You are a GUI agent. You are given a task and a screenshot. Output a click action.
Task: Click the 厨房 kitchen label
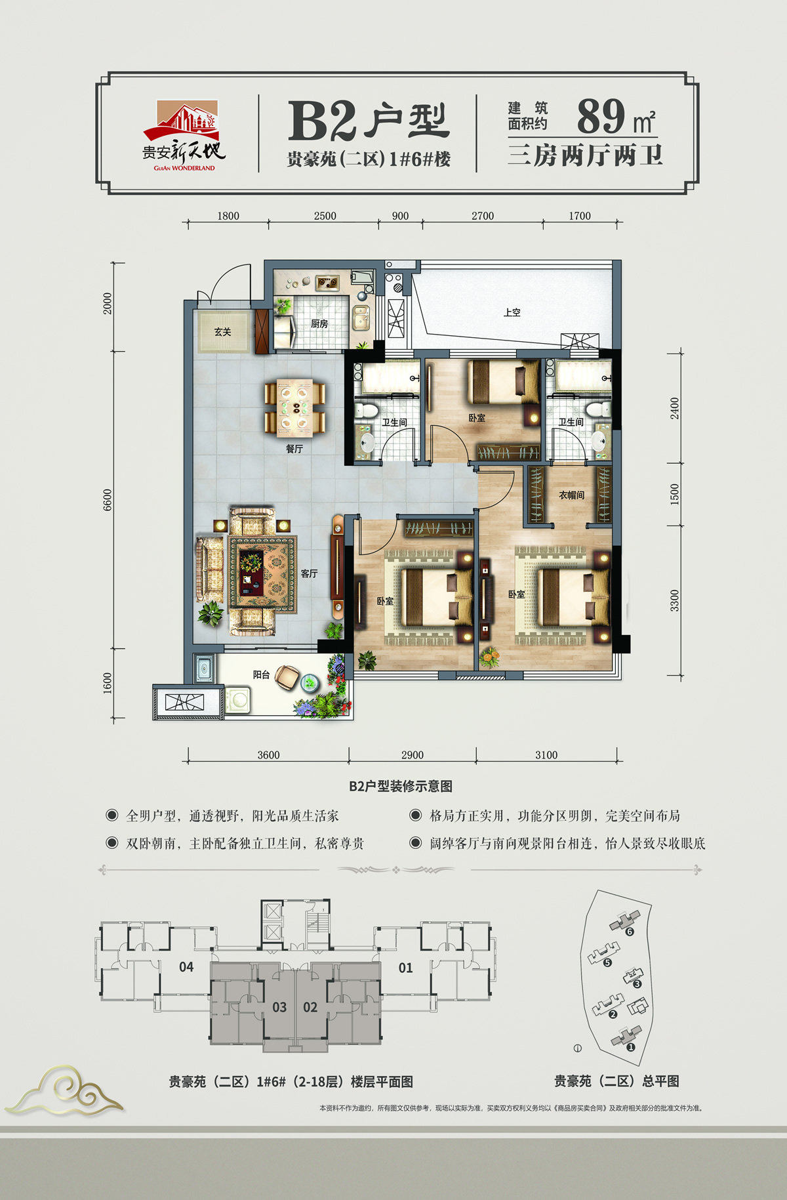pos(319,324)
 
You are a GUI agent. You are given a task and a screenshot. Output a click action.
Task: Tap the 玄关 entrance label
pos(223,332)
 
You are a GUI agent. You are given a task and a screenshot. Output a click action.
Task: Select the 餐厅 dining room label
pos(294,449)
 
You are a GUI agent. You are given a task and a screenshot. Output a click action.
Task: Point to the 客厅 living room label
pos(310,573)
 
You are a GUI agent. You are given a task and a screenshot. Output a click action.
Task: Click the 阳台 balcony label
pos(262,674)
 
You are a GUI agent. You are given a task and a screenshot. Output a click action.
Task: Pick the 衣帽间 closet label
pos(571,495)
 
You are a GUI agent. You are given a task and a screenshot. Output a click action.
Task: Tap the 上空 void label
pos(512,313)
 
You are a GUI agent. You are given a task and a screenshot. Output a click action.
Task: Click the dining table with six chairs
pos(295,408)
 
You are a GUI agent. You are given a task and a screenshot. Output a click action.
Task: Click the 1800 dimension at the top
pos(228,216)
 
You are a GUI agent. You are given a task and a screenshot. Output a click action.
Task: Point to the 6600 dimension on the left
pos(108,500)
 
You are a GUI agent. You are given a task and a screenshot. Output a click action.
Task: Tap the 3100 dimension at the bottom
pos(546,755)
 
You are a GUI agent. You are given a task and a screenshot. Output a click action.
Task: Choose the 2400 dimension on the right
pos(675,408)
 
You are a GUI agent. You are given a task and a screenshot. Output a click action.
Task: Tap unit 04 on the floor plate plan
pos(186,966)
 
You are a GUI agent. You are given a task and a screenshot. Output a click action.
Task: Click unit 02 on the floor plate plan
pos(310,1007)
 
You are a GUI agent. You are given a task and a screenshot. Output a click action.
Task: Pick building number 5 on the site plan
pos(607,963)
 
